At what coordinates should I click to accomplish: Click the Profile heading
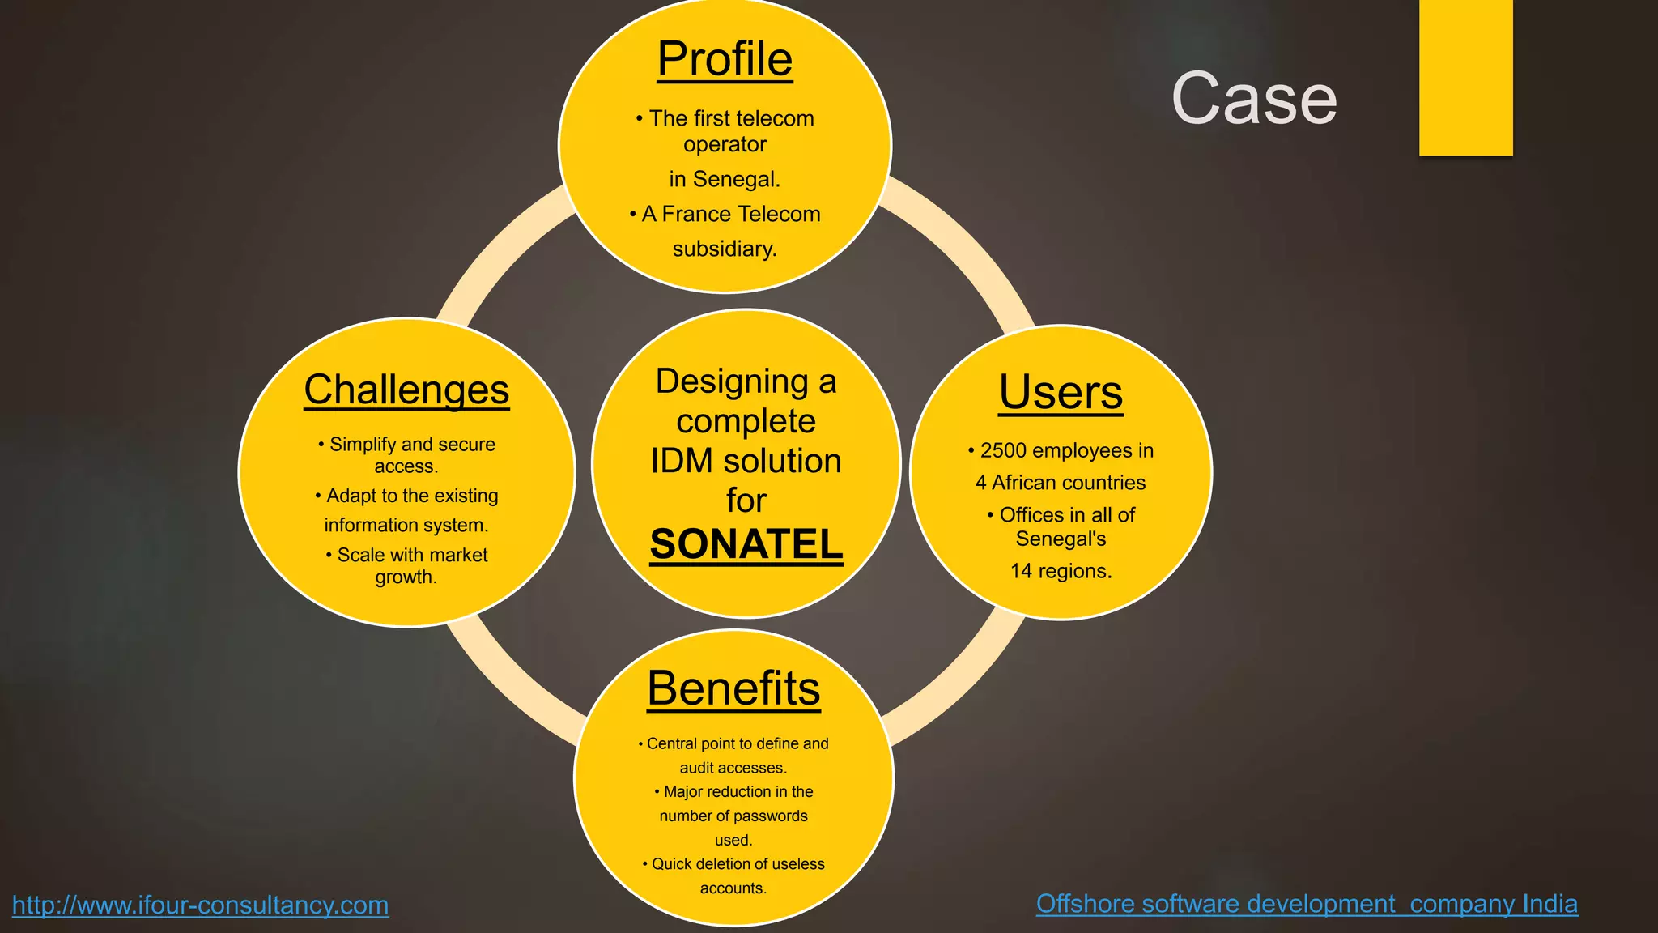pyautogui.click(x=725, y=59)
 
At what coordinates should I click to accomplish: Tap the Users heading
pyautogui.click(x=1061, y=392)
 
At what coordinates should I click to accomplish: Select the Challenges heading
pyautogui.click(x=406, y=390)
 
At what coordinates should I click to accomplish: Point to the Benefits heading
pyautogui.click(x=733, y=688)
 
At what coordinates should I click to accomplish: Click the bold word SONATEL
pyautogui.click(x=746, y=544)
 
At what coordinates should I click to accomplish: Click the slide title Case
pyautogui.click(x=1253, y=99)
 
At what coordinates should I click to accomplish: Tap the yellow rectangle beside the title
pyautogui.click(x=1465, y=77)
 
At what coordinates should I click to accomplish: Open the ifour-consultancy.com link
pyautogui.click(x=200, y=905)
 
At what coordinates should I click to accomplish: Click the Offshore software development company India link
pyautogui.click(x=1307, y=903)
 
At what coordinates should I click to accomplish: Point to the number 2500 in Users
pyautogui.click(x=1003, y=450)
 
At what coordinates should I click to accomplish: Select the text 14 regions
pyautogui.click(x=1061, y=571)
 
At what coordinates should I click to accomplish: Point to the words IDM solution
pyautogui.click(x=746, y=461)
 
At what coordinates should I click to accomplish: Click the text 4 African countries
pyautogui.click(x=1061, y=483)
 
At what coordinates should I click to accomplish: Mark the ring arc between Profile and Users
pyautogui.click(x=963, y=243)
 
